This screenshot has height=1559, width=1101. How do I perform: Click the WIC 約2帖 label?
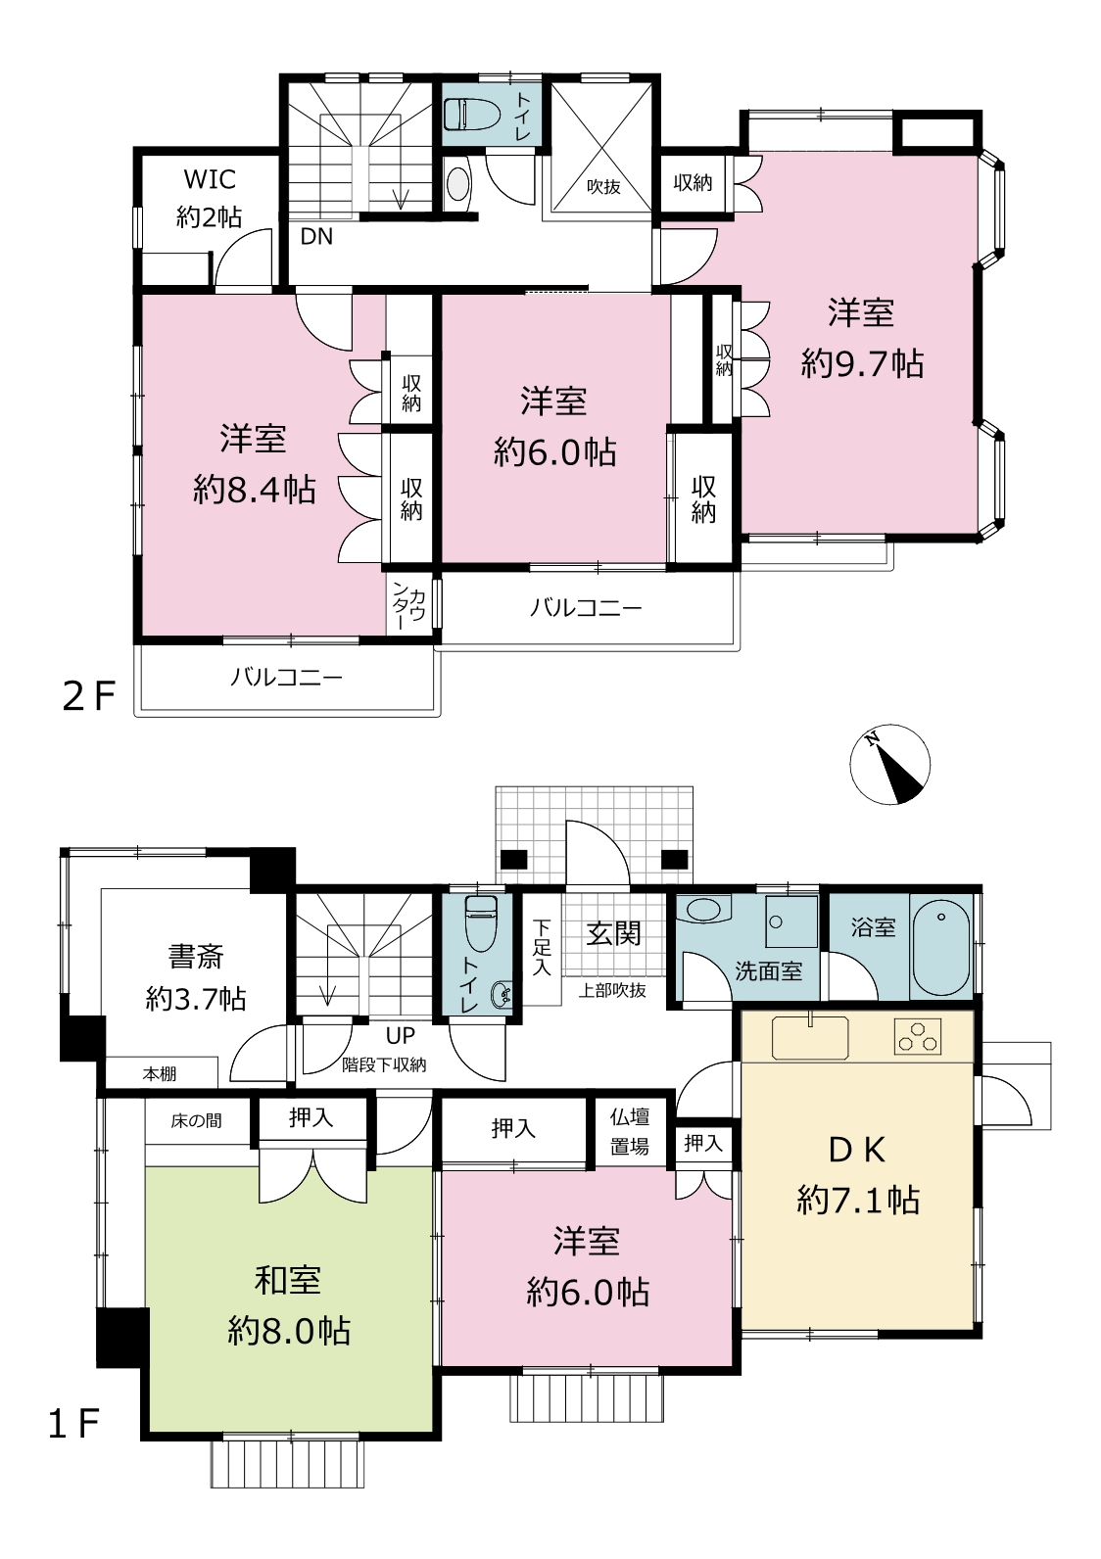[210, 199]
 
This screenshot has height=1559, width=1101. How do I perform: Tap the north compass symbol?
[889, 764]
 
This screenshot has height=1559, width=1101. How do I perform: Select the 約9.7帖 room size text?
[862, 363]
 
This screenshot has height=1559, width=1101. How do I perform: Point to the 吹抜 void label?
[602, 186]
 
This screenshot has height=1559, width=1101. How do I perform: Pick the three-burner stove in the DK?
[917, 1036]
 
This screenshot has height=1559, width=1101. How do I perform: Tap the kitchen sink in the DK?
[810, 1038]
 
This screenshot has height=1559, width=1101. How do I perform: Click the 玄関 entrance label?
[613, 933]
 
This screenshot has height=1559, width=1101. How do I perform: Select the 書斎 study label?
[196, 957]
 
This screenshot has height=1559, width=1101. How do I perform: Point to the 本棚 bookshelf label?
[160, 1074]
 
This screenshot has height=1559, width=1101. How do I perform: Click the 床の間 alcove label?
[196, 1120]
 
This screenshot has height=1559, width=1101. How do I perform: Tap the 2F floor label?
[88, 696]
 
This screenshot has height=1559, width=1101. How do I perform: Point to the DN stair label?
[316, 237]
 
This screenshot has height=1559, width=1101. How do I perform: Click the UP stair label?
[401, 1036]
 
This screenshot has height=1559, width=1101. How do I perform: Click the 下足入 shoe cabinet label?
[542, 947]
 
